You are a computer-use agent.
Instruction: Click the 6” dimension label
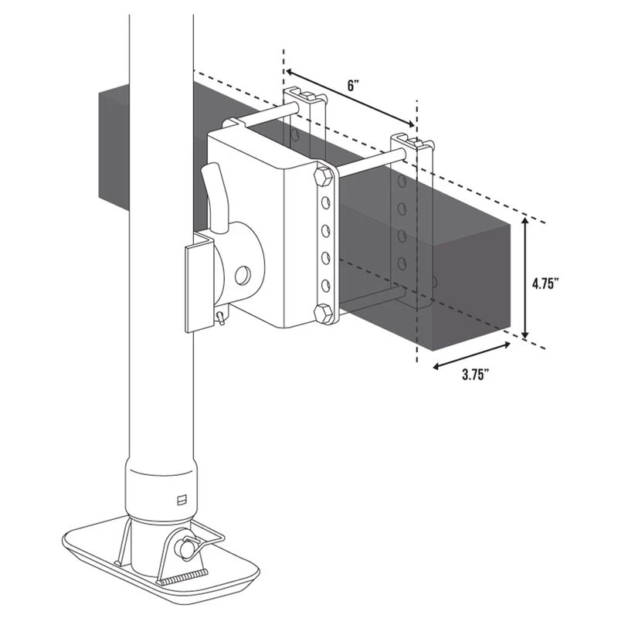pyautogui.click(x=353, y=85)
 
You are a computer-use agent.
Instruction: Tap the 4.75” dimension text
pyautogui.click(x=545, y=284)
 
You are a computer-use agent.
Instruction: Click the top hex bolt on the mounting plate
pyautogui.click(x=324, y=176)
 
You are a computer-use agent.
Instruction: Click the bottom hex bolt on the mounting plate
pyautogui.click(x=323, y=314)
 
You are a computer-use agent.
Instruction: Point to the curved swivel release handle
pyautogui.click(x=216, y=197)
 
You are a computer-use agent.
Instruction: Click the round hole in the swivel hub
pyautogui.click(x=243, y=276)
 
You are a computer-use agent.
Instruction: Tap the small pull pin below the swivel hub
pyautogui.click(x=221, y=317)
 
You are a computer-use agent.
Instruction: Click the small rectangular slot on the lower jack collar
pyautogui.click(x=182, y=500)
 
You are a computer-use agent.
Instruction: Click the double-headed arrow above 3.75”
pyautogui.click(x=472, y=356)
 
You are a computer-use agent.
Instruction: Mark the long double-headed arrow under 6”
pyautogui.click(x=351, y=99)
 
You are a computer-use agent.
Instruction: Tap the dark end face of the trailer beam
pyautogui.click(x=471, y=287)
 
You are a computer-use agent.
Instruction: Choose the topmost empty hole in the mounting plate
pyautogui.click(x=325, y=203)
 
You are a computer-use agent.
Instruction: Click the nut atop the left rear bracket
pyautogui.click(x=308, y=96)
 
